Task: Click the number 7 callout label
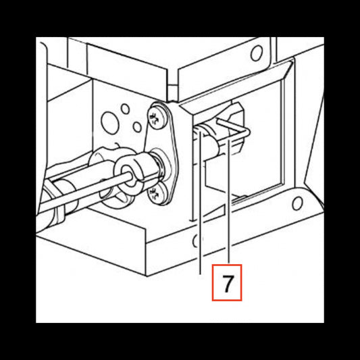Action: (227, 282)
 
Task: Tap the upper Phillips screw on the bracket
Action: (157, 118)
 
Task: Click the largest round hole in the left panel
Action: (110, 123)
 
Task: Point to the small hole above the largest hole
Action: (126, 109)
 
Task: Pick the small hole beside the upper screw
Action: (137, 127)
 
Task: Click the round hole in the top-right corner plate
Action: (257, 53)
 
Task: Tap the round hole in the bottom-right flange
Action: (297, 203)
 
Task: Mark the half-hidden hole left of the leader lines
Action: (196, 241)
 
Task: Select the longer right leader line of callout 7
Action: (229, 199)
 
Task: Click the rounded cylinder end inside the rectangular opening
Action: (212, 147)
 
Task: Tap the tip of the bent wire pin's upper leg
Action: (218, 120)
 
